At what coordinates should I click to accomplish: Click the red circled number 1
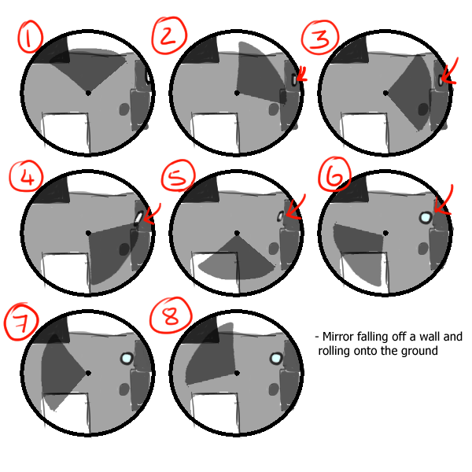click(x=30, y=37)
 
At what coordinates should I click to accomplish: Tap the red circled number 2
click(x=169, y=35)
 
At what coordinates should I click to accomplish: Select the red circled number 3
click(x=320, y=37)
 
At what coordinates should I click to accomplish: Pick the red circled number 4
click(x=27, y=176)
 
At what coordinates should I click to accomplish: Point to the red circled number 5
click(x=179, y=175)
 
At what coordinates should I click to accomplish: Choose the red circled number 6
click(x=334, y=175)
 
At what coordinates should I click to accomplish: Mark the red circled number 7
click(x=22, y=322)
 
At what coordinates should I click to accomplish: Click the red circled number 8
click(x=171, y=315)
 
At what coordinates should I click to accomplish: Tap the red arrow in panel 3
click(x=450, y=72)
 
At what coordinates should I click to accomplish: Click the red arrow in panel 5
click(x=295, y=208)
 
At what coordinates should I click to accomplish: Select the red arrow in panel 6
click(x=444, y=200)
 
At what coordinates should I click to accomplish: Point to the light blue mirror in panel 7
click(x=127, y=358)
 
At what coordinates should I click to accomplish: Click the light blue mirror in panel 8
click(x=276, y=358)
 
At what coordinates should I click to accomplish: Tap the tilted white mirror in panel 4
click(x=138, y=218)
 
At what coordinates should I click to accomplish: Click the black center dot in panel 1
click(x=88, y=93)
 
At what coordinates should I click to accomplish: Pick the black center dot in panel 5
click(x=237, y=233)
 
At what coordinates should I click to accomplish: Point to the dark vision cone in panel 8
click(x=211, y=356)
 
